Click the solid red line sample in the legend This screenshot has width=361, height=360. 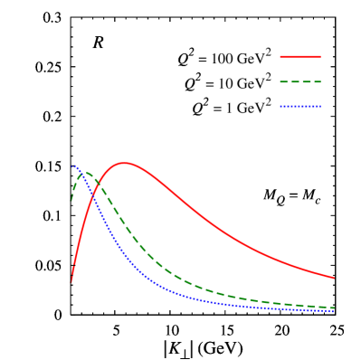pyautogui.click(x=300, y=57)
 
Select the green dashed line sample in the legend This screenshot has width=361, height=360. pyautogui.click(x=300, y=81)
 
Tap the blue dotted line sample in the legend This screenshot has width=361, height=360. pyautogui.click(x=300, y=106)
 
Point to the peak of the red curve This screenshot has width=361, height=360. pyautogui.click(x=124, y=163)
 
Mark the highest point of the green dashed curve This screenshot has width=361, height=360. pyautogui.click(x=86, y=172)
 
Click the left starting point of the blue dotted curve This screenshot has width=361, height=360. pyautogui.click(x=72, y=166)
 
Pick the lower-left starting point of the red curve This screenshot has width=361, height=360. pyautogui.click(x=71, y=281)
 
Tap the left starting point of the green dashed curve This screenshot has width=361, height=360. pyautogui.click(x=71, y=200)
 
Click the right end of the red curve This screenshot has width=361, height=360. pyautogui.click(x=334, y=278)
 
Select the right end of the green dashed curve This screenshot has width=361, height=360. pyautogui.click(x=334, y=308)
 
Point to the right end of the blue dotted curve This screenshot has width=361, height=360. pyautogui.click(x=334, y=311)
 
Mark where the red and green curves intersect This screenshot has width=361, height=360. pyautogui.click(x=99, y=184)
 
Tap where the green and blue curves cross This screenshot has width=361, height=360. pyautogui.click(x=80, y=174)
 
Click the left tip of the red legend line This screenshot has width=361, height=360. pyautogui.click(x=280, y=57)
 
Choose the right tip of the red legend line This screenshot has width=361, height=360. pyautogui.click(x=320, y=57)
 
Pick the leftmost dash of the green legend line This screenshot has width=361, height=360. pyautogui.click(x=283, y=81)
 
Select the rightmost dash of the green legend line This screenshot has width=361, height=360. pyautogui.click(x=318, y=81)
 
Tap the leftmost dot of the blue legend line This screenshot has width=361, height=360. pyautogui.click(x=281, y=106)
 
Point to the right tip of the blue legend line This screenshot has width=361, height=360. pyautogui.click(x=320, y=106)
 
